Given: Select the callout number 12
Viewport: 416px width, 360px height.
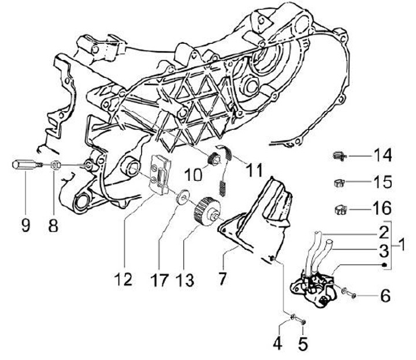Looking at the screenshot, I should pos(122,279).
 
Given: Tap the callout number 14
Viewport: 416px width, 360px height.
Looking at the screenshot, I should pos(381,155).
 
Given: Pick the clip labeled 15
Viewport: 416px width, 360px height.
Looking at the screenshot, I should pos(340,183).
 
